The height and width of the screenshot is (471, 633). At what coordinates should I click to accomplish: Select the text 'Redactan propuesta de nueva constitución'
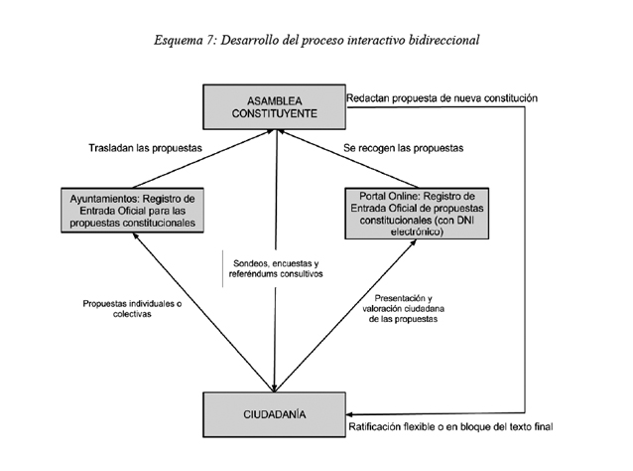[x=442, y=99]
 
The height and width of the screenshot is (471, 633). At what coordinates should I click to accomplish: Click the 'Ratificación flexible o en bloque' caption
[x=448, y=427]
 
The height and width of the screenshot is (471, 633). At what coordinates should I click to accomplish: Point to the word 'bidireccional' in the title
[x=443, y=41]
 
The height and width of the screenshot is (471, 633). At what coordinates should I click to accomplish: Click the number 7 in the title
[x=210, y=41]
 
